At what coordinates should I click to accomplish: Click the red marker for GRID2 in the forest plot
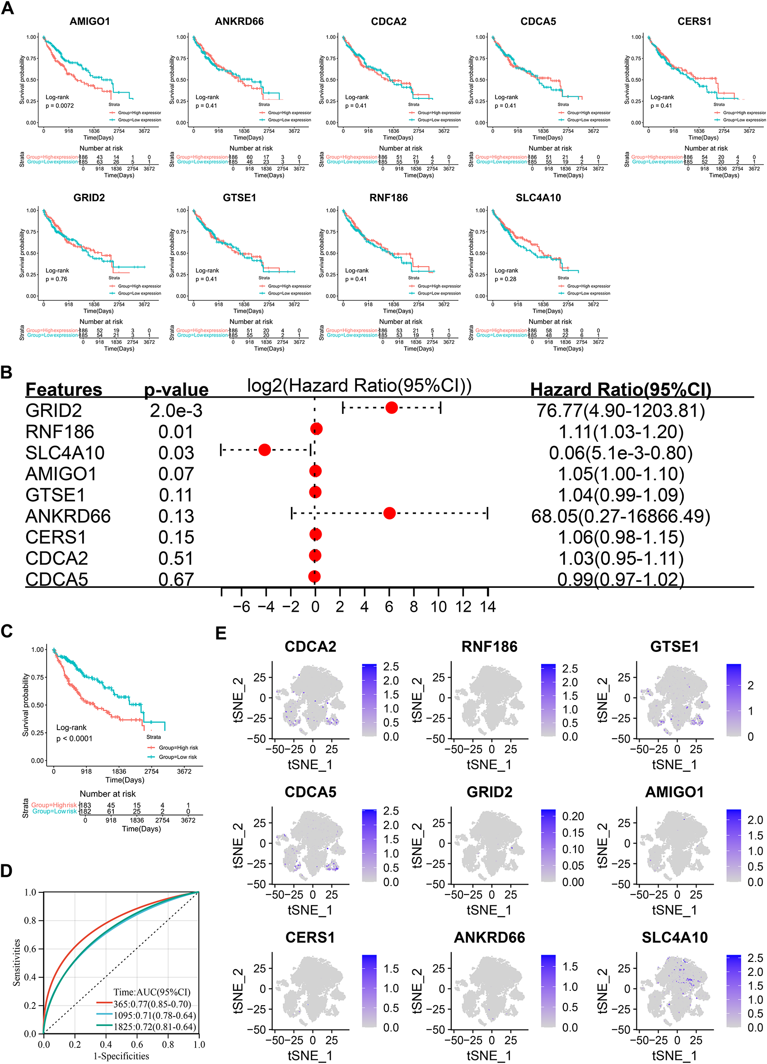click(x=391, y=408)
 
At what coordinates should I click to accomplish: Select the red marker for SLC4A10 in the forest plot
click(x=265, y=450)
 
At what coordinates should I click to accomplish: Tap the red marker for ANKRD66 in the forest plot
click(x=389, y=513)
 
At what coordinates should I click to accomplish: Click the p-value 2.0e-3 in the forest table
click(x=176, y=411)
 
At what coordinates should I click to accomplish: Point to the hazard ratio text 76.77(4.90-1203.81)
click(x=621, y=411)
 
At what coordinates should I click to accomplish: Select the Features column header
click(x=64, y=389)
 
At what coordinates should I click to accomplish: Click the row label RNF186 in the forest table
click(x=60, y=431)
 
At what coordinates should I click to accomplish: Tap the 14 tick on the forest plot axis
click(x=487, y=607)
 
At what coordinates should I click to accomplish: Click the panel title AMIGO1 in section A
click(x=89, y=21)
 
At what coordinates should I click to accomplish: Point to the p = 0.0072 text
click(x=60, y=106)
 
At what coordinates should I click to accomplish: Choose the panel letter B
click(x=7, y=372)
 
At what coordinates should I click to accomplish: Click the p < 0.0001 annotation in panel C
click(x=74, y=738)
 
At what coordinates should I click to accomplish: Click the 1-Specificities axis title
click(x=121, y=1056)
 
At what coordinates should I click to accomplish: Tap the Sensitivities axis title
click(x=17, y=962)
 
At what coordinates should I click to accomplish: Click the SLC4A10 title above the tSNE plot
click(x=674, y=937)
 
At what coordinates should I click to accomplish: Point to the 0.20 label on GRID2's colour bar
click(x=573, y=816)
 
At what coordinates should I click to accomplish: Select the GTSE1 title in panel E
click(x=674, y=647)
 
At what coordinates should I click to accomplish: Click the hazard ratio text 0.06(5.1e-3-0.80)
click(x=621, y=453)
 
